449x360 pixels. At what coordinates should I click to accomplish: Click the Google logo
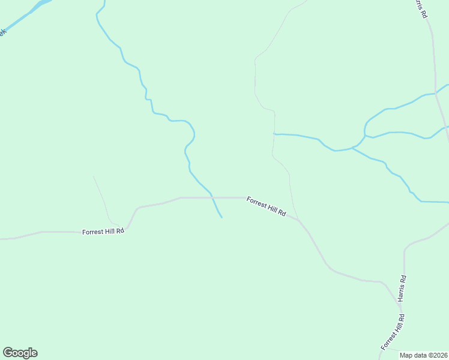(20, 353)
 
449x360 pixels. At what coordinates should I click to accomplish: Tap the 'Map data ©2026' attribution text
(423, 355)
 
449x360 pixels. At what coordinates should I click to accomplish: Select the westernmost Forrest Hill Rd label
(103, 231)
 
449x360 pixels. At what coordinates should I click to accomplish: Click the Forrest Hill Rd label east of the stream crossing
(266, 206)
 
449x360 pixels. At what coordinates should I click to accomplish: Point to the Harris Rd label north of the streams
(420, 8)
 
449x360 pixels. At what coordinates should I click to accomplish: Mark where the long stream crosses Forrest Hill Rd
(212, 197)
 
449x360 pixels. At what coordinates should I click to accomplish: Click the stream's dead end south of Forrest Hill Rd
(221, 217)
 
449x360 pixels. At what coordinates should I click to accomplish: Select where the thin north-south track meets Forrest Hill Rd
(298, 220)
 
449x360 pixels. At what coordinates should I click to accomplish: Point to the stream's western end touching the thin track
(274, 133)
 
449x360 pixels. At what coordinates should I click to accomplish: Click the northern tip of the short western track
(94, 176)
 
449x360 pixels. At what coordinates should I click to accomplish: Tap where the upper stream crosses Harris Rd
(436, 94)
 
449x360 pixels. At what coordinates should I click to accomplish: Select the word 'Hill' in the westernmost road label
(107, 231)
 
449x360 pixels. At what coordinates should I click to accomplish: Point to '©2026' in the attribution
(436, 355)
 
